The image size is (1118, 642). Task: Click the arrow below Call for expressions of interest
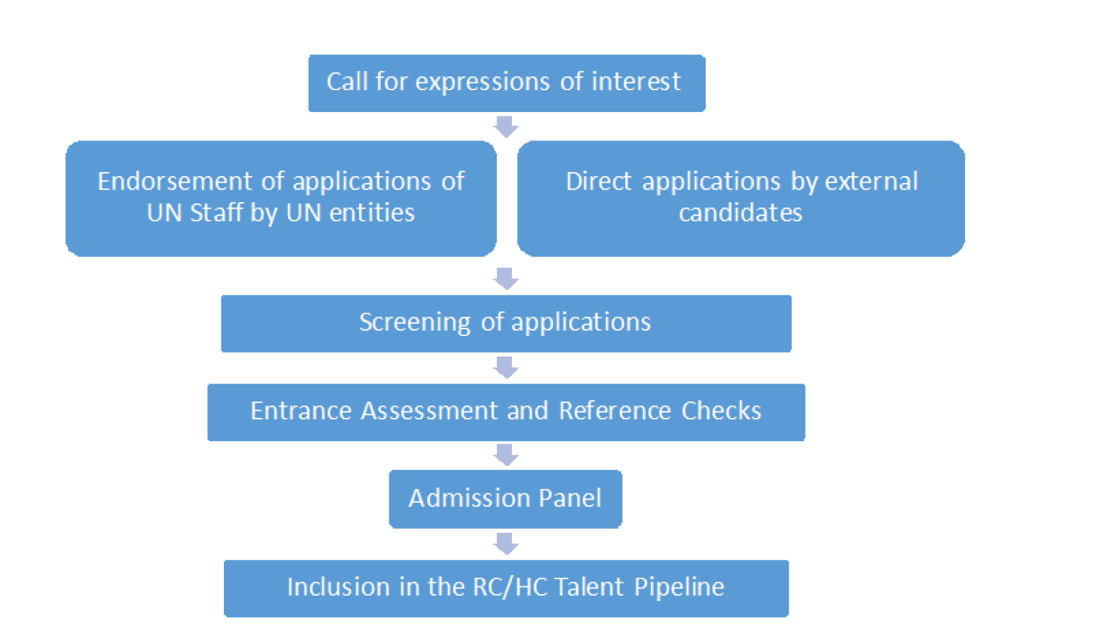point(506,127)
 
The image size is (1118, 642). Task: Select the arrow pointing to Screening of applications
point(506,278)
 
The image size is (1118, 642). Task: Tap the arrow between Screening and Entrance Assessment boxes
point(506,367)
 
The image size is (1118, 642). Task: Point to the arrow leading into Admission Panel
point(506,455)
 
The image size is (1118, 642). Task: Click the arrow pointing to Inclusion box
point(506,543)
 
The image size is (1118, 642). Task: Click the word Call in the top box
point(347,81)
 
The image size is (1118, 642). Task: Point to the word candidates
point(740,213)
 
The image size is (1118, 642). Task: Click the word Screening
point(415,322)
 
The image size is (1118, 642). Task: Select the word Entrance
point(301,411)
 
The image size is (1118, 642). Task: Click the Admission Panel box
point(505,498)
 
